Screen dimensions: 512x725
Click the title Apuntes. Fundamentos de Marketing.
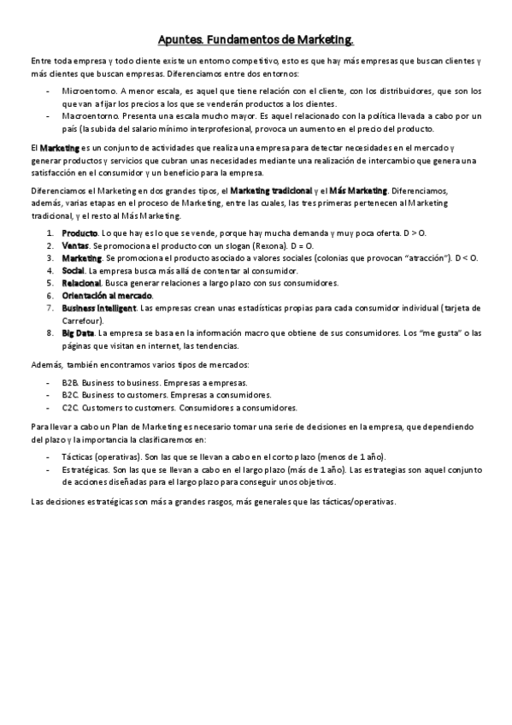pos(256,39)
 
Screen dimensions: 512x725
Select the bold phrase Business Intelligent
pos(98,308)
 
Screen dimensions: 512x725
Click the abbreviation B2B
pos(70,383)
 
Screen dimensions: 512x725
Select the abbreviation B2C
pos(70,395)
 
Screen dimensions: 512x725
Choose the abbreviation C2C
pos(70,408)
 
